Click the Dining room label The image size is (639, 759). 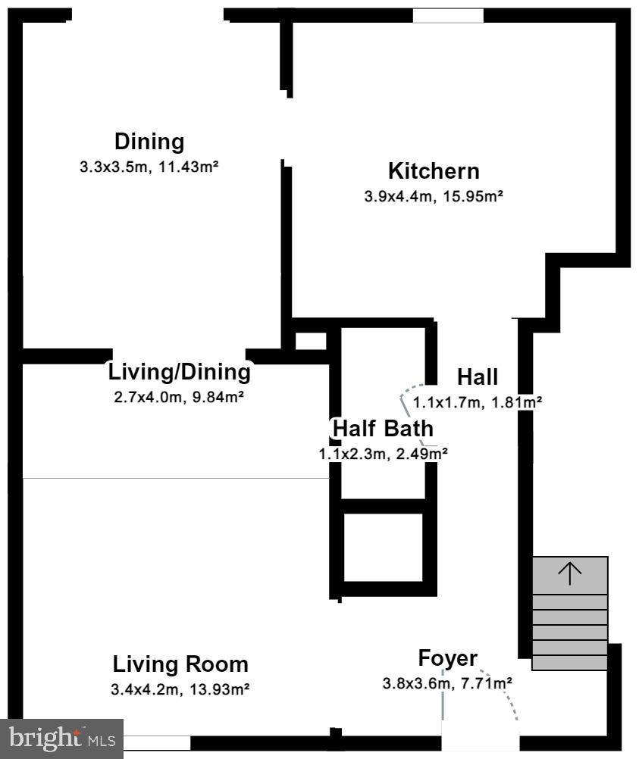149,142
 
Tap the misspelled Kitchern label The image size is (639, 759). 434,170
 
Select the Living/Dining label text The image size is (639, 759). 179,372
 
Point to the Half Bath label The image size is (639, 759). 383,428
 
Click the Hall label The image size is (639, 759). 478,376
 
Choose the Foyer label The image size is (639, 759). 447,658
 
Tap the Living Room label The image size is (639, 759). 180,664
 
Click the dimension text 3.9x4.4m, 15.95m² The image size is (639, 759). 434,196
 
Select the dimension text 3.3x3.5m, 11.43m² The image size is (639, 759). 149,167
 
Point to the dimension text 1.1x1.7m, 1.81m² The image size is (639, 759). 478,402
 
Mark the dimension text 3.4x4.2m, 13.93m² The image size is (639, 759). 180,689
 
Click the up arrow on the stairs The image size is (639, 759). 569,573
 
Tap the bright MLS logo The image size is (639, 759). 61,739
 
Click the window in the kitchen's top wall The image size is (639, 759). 448,15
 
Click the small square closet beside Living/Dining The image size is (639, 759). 310,341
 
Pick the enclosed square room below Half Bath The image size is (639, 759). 383,548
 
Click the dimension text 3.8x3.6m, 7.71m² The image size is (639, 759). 447,683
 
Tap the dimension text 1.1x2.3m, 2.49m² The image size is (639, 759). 383,454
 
